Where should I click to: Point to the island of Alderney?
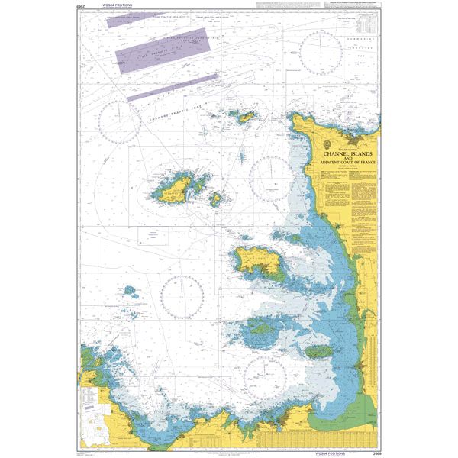246,117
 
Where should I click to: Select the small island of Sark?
216,198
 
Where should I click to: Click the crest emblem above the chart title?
327,144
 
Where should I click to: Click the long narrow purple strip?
171,87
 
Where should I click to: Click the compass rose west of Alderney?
120,119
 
